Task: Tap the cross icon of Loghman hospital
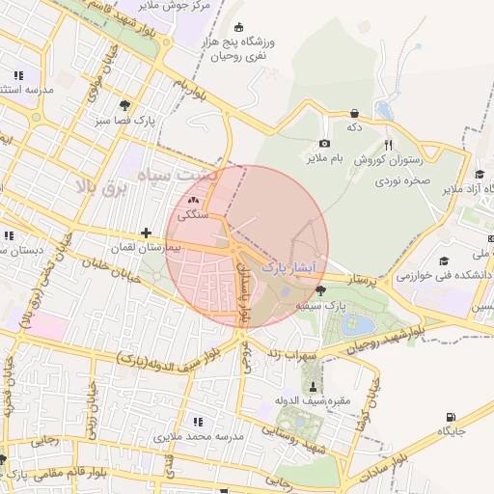(146, 233)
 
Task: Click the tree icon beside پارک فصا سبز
(123, 104)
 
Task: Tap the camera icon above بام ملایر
(324, 143)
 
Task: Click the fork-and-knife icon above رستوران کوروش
(388, 143)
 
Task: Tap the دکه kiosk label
(354, 126)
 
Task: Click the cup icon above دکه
(354, 112)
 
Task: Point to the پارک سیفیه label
(320, 305)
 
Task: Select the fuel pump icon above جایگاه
(450, 417)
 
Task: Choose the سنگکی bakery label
(193, 216)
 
